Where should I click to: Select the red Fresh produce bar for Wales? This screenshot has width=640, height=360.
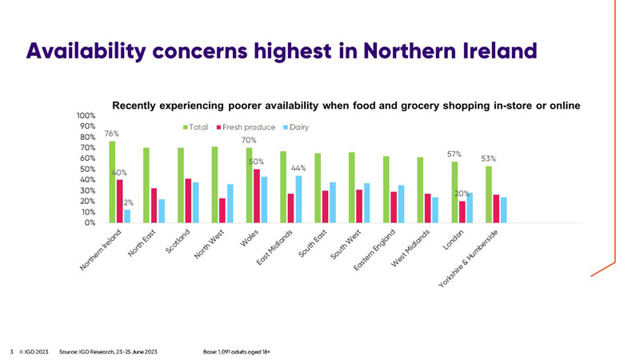pos(256,196)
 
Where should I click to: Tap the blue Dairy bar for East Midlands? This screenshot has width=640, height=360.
pos(298,199)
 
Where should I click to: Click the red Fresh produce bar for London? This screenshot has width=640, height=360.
pos(462,212)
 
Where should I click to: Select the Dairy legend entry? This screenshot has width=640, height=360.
pos(296,127)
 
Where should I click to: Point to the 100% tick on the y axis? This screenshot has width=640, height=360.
pos(86,116)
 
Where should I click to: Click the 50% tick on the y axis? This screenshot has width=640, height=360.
pos(88,170)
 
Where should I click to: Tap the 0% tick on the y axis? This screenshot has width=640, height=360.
pos(90,223)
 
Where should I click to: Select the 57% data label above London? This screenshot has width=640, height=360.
pos(454,154)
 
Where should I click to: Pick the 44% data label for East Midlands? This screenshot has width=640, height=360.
pos(299,168)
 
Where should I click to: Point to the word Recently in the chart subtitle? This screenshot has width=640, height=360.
pos(138,105)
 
